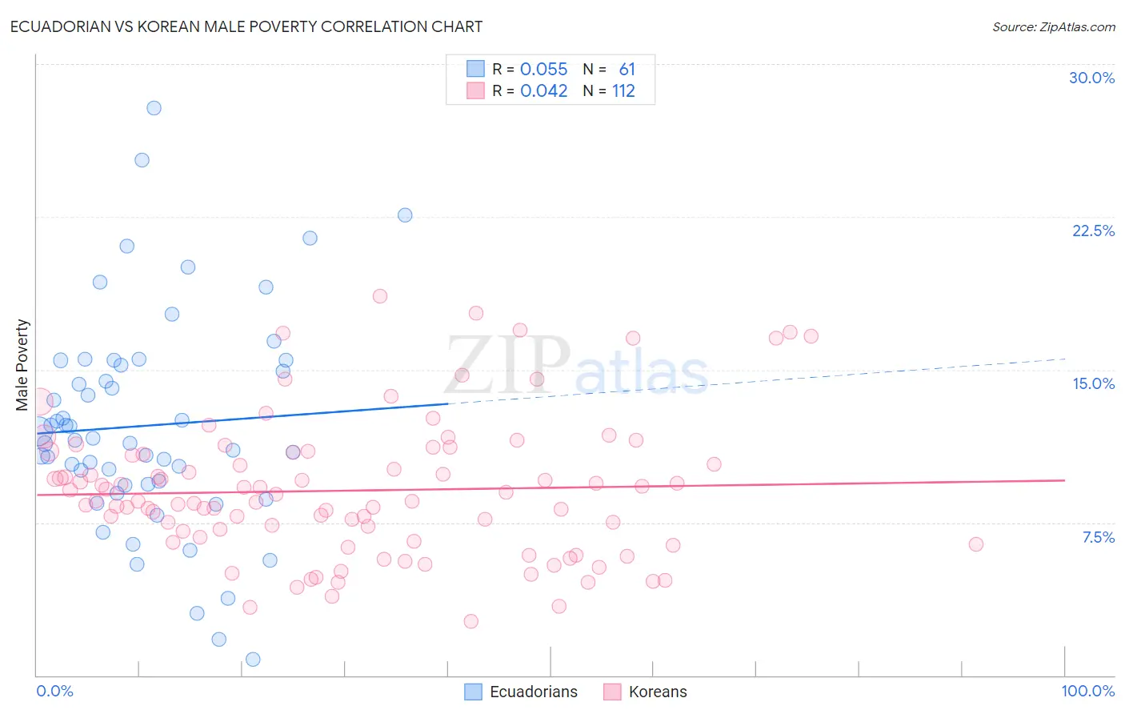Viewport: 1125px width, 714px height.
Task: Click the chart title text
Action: click(246, 26)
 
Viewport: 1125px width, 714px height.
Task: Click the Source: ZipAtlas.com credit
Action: click(1053, 27)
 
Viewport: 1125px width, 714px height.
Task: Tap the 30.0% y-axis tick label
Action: click(1091, 78)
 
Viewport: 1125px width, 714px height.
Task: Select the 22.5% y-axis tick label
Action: click(1093, 231)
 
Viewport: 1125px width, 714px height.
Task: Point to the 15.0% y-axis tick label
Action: click(1093, 383)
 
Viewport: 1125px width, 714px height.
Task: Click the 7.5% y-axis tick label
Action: click(1098, 537)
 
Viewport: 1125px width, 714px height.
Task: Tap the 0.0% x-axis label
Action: click(54, 691)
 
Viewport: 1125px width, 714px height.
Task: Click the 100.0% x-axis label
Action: click(1087, 691)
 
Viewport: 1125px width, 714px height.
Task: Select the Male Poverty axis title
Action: click(22, 365)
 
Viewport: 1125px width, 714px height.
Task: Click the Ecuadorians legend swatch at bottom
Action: click(474, 692)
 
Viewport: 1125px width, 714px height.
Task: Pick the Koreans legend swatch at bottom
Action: click(613, 692)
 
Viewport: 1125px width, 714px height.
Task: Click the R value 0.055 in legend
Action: click(543, 70)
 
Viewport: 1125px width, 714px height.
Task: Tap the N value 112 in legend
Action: click(623, 91)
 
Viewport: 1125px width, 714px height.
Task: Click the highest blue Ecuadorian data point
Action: click(154, 108)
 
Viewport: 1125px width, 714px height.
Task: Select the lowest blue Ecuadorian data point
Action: click(253, 660)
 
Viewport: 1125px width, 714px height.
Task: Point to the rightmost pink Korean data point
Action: click(975, 544)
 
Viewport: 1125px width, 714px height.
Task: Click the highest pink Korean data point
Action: click(380, 296)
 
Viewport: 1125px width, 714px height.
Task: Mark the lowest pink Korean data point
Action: click(470, 621)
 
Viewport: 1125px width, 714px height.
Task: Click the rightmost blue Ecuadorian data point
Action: click(405, 215)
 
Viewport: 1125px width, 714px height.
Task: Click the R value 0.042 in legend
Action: click(543, 91)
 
